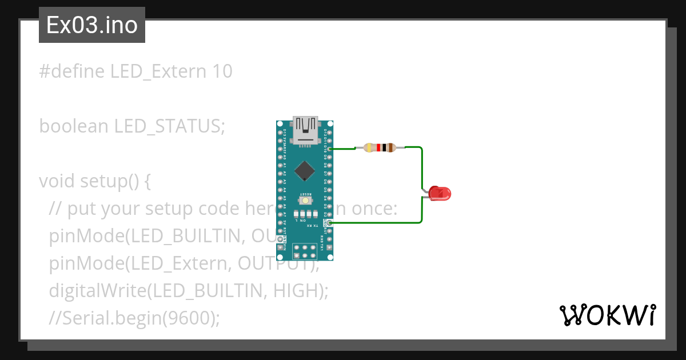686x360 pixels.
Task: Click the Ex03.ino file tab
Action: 91,25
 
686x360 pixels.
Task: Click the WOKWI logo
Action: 607,315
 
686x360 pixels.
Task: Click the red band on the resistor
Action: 378,148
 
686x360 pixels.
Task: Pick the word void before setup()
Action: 57,181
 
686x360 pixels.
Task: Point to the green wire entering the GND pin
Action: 377,222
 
